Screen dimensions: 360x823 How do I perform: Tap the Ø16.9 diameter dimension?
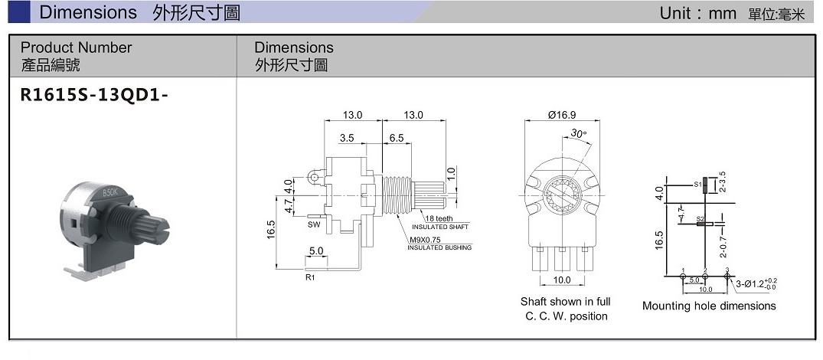tap(563, 115)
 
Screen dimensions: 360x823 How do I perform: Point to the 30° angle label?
tap(580, 133)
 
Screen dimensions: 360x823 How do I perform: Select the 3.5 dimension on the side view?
tap(347, 139)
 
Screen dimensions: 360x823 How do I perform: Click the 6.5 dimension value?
tap(396, 139)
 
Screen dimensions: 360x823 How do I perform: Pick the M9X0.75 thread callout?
tap(425, 240)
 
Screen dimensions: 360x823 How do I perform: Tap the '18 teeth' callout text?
tap(439, 218)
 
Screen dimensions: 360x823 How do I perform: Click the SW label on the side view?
tap(314, 225)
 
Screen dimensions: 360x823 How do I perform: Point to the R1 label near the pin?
tap(310, 277)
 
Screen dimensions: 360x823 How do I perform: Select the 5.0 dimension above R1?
tap(316, 250)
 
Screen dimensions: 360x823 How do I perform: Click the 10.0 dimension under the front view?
tap(561, 280)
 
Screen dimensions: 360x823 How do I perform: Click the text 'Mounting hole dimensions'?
tap(708, 306)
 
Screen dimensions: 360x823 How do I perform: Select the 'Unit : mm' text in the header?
tap(697, 13)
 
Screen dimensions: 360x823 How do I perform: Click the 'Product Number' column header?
tap(76, 47)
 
